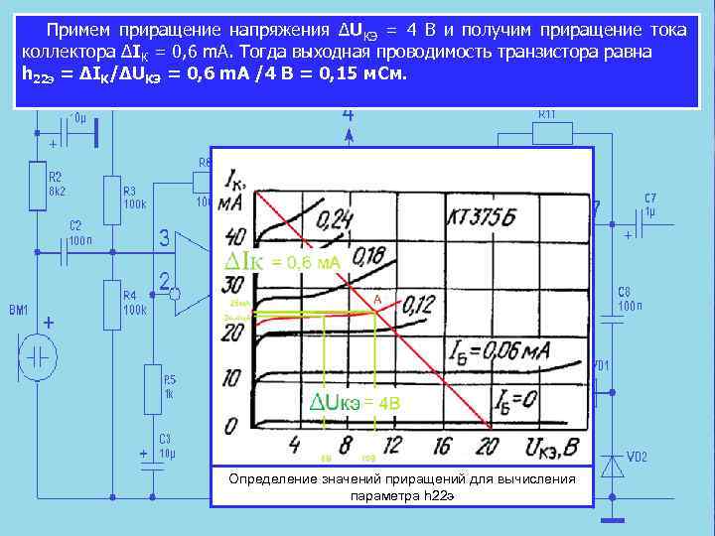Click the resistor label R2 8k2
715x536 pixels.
point(56,183)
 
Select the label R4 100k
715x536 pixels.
point(134,302)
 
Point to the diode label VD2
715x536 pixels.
point(637,457)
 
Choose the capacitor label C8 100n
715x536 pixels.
point(631,299)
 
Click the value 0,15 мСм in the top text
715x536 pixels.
point(362,74)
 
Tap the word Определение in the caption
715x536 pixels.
point(268,479)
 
